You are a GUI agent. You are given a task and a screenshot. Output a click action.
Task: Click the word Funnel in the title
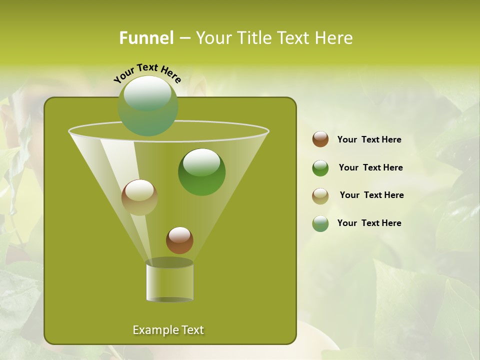click(x=146, y=38)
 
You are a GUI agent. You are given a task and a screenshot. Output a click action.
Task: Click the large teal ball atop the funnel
click(x=148, y=106)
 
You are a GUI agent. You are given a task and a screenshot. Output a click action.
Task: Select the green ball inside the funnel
click(x=201, y=172)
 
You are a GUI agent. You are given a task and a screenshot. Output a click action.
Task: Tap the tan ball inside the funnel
click(x=139, y=197)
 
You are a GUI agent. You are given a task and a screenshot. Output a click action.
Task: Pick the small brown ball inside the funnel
click(x=179, y=240)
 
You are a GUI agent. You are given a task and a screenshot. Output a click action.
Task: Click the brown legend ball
click(x=320, y=139)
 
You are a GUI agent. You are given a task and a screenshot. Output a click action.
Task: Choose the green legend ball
click(x=320, y=168)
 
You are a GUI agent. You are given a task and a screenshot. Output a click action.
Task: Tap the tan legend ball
click(x=320, y=196)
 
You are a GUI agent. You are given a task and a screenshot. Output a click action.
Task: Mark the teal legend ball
click(x=320, y=223)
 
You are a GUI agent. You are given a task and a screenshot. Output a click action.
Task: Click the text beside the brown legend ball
click(x=369, y=139)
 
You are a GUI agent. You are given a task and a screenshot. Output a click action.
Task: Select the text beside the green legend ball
click(x=370, y=167)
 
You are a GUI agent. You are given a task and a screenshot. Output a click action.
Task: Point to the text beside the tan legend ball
click(x=371, y=195)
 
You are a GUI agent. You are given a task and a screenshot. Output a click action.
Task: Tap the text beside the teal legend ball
click(x=369, y=223)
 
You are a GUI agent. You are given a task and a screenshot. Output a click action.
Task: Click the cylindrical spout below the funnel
click(x=169, y=281)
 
